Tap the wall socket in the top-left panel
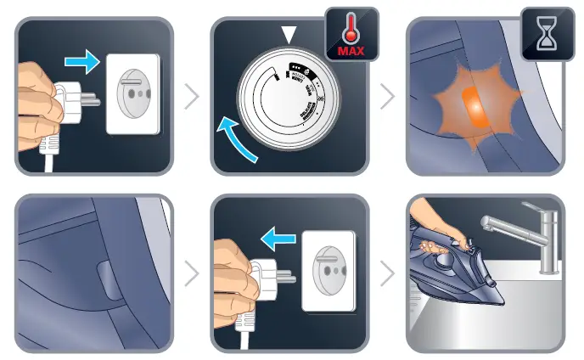[x=133, y=95]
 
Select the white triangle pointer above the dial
[x=291, y=35]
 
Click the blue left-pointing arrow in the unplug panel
[x=278, y=241]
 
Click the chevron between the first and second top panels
[x=192, y=96]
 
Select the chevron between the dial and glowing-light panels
[x=388, y=96]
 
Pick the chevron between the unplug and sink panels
[x=388, y=273]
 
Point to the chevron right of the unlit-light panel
[x=192, y=273]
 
